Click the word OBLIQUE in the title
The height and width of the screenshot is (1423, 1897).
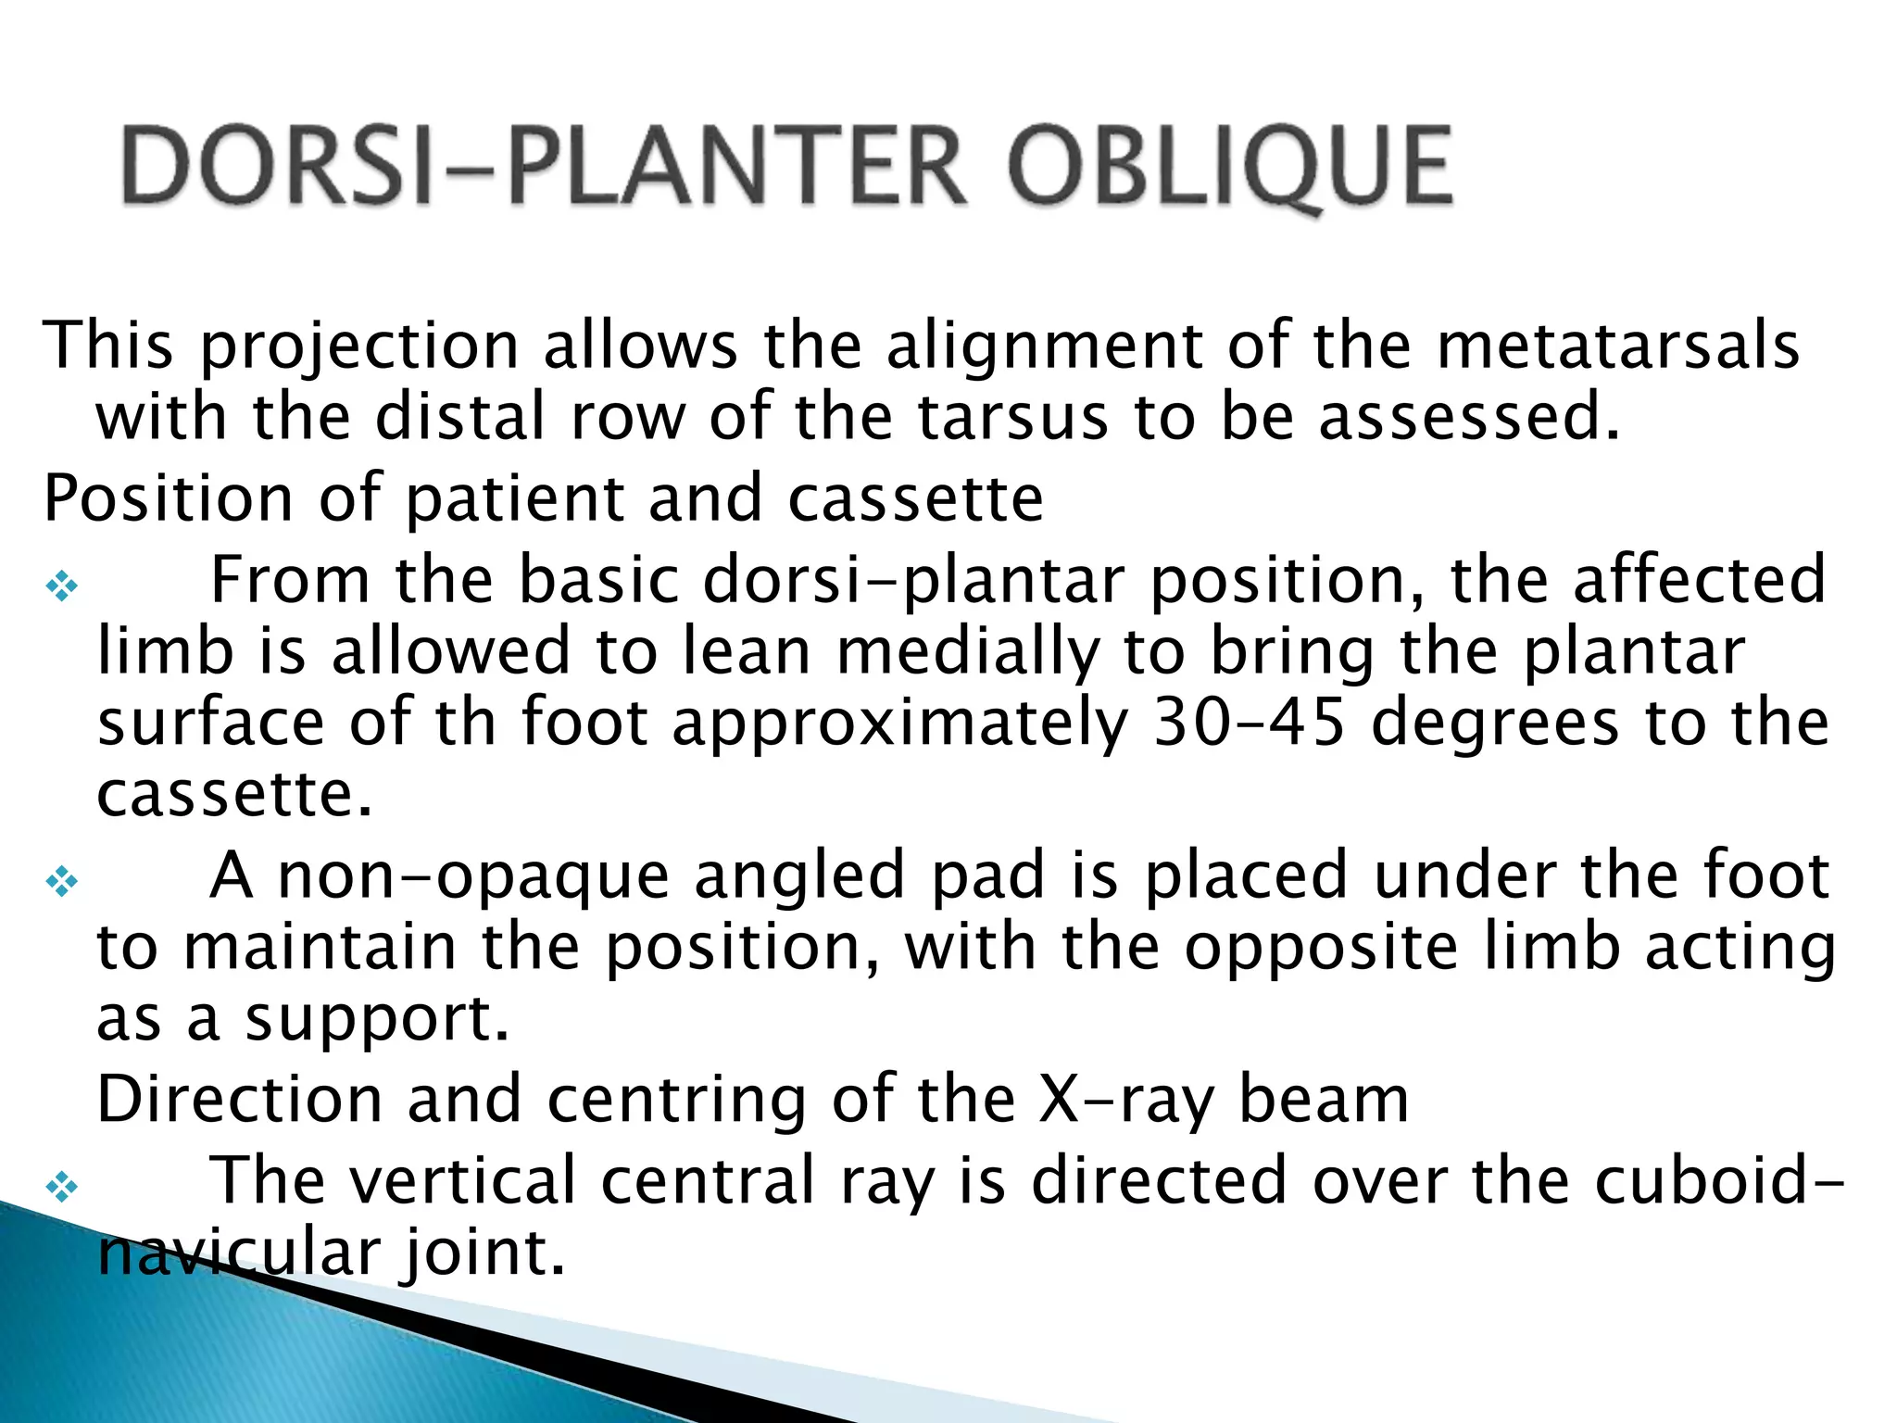click(1230, 167)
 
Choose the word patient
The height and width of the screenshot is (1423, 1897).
click(514, 499)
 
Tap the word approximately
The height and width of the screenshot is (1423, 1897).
click(899, 724)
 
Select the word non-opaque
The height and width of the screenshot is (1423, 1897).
click(473, 877)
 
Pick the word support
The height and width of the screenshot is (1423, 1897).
click(377, 1020)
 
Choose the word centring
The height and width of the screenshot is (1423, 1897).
click(677, 1102)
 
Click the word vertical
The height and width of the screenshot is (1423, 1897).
click(449, 1180)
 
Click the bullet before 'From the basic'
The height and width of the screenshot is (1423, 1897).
click(62, 586)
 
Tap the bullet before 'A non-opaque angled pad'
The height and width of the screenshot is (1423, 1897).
click(62, 881)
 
